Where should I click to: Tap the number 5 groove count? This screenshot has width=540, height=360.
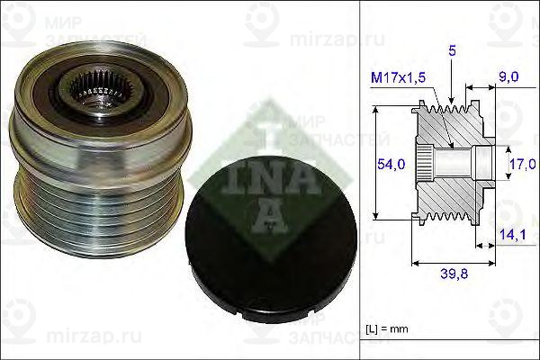[452, 52]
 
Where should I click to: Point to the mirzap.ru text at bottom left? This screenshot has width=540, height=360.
[41, 340]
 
